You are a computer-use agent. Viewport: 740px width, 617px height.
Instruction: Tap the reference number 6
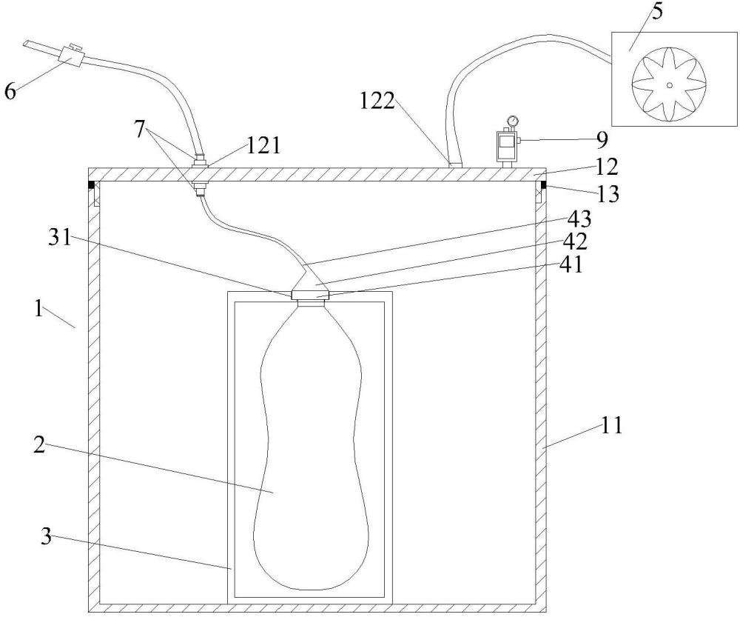(x=10, y=90)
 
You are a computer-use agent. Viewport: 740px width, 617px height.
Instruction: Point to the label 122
(x=377, y=101)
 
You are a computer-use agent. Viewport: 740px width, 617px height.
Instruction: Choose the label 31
(x=59, y=239)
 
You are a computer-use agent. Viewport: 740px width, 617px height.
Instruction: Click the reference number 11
(x=612, y=425)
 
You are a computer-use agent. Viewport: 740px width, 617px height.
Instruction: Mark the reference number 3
(x=46, y=536)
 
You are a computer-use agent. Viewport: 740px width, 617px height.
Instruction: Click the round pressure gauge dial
(x=511, y=119)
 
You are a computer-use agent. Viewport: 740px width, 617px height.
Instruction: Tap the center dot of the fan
(x=669, y=85)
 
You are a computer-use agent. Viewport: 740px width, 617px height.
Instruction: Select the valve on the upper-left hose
(x=71, y=58)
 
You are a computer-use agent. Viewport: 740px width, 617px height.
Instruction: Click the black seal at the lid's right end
(x=543, y=184)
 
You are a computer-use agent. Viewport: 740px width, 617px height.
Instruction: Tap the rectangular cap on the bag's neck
(x=309, y=296)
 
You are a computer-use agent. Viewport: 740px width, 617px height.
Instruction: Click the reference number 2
(x=39, y=445)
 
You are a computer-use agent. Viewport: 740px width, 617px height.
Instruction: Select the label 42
(x=576, y=241)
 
